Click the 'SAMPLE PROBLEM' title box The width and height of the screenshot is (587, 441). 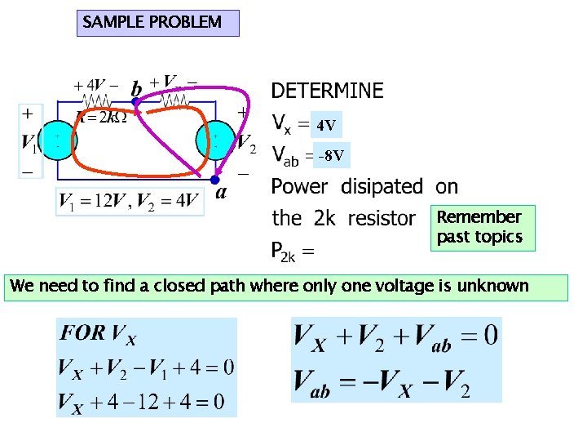(x=159, y=23)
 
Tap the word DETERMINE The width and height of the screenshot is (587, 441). (x=327, y=91)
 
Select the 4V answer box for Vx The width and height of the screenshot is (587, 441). (x=326, y=126)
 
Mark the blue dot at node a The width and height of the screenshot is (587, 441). (x=214, y=179)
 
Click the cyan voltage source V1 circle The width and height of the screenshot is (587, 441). (x=58, y=137)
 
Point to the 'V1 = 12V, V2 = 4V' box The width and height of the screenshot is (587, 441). (x=129, y=201)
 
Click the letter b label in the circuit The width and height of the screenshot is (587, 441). (x=136, y=87)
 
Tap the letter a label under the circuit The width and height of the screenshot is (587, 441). (x=220, y=194)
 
